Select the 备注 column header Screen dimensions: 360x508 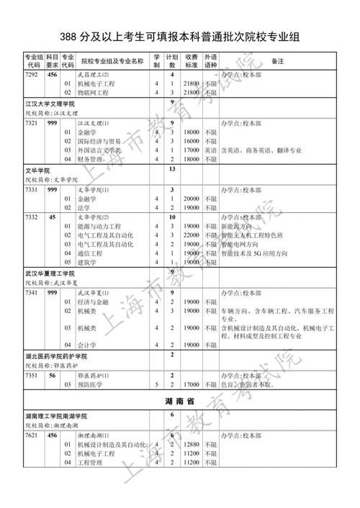point(277,61)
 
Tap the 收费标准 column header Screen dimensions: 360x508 point(191,61)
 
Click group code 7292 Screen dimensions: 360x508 point(32,74)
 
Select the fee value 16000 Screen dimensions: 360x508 point(191,142)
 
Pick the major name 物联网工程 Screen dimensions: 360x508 point(95,92)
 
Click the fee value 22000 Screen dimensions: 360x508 point(191,235)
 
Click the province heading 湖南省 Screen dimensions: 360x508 point(180,400)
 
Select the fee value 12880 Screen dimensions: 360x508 point(191,445)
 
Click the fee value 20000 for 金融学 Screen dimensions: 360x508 point(191,198)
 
